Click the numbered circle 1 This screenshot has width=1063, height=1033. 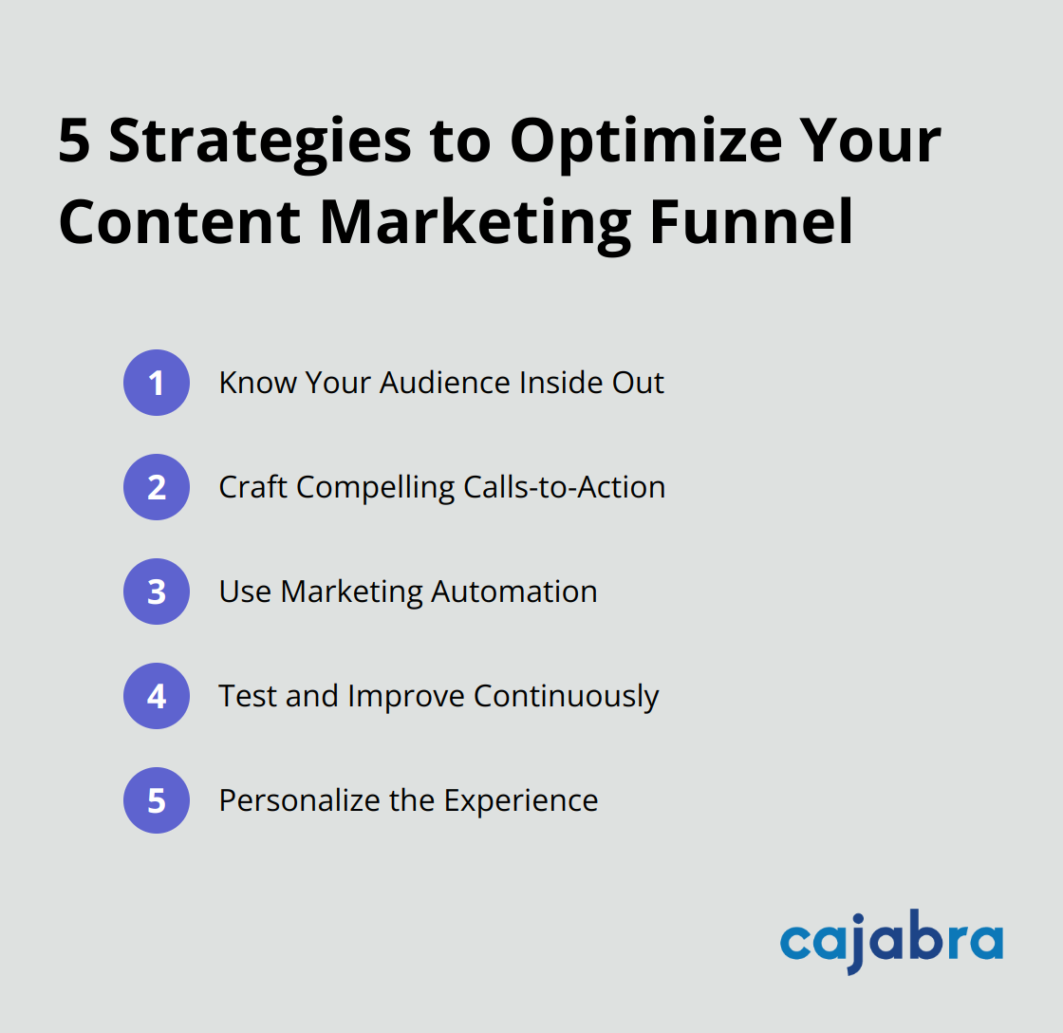click(x=157, y=383)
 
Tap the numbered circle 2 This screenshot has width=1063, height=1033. click(x=157, y=487)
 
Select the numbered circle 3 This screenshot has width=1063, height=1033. click(x=157, y=592)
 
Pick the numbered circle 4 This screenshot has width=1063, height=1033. click(x=157, y=696)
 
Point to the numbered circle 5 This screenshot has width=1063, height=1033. click(x=157, y=800)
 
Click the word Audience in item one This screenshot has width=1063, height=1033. click(x=445, y=383)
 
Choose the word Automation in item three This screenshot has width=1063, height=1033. click(x=513, y=592)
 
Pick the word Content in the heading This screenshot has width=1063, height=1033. click(x=180, y=221)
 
